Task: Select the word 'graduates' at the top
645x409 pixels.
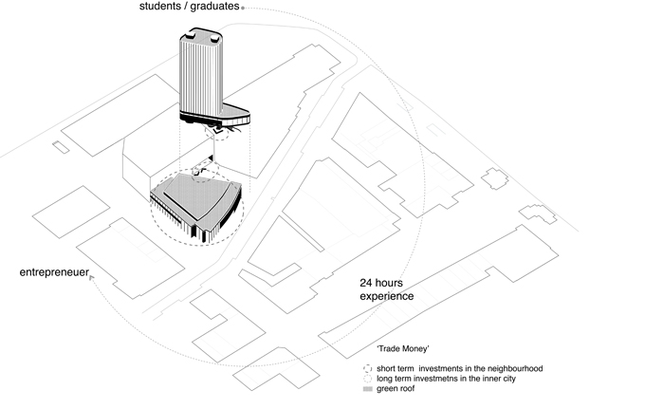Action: pyautogui.click(x=213, y=8)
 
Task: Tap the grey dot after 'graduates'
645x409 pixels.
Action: pyautogui.click(x=244, y=8)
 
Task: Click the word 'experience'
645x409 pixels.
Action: pyautogui.click(x=386, y=296)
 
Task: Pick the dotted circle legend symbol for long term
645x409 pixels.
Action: pyautogui.click(x=368, y=379)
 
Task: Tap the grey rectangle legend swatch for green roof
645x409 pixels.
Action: pyautogui.click(x=368, y=389)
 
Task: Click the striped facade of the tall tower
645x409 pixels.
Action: pyautogui.click(x=201, y=76)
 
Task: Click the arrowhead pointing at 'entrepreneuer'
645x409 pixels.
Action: pyautogui.click(x=91, y=278)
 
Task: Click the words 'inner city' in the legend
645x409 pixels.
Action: pyautogui.click(x=519, y=379)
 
